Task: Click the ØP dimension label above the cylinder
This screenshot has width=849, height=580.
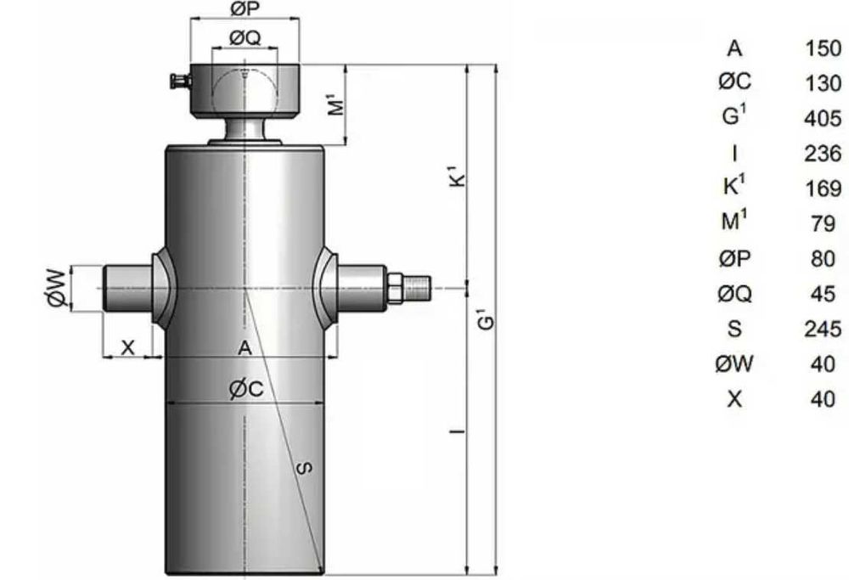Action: click(x=245, y=8)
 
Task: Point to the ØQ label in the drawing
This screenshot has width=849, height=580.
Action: click(x=245, y=38)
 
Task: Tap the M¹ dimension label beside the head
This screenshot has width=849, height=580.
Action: click(x=337, y=104)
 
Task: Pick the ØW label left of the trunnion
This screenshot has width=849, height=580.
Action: click(x=57, y=289)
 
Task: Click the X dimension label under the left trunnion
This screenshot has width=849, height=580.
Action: click(x=127, y=347)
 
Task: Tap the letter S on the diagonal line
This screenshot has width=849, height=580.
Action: click(x=305, y=467)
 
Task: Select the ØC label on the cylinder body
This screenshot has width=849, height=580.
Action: click(x=246, y=389)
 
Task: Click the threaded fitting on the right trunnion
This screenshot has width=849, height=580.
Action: click(x=416, y=289)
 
